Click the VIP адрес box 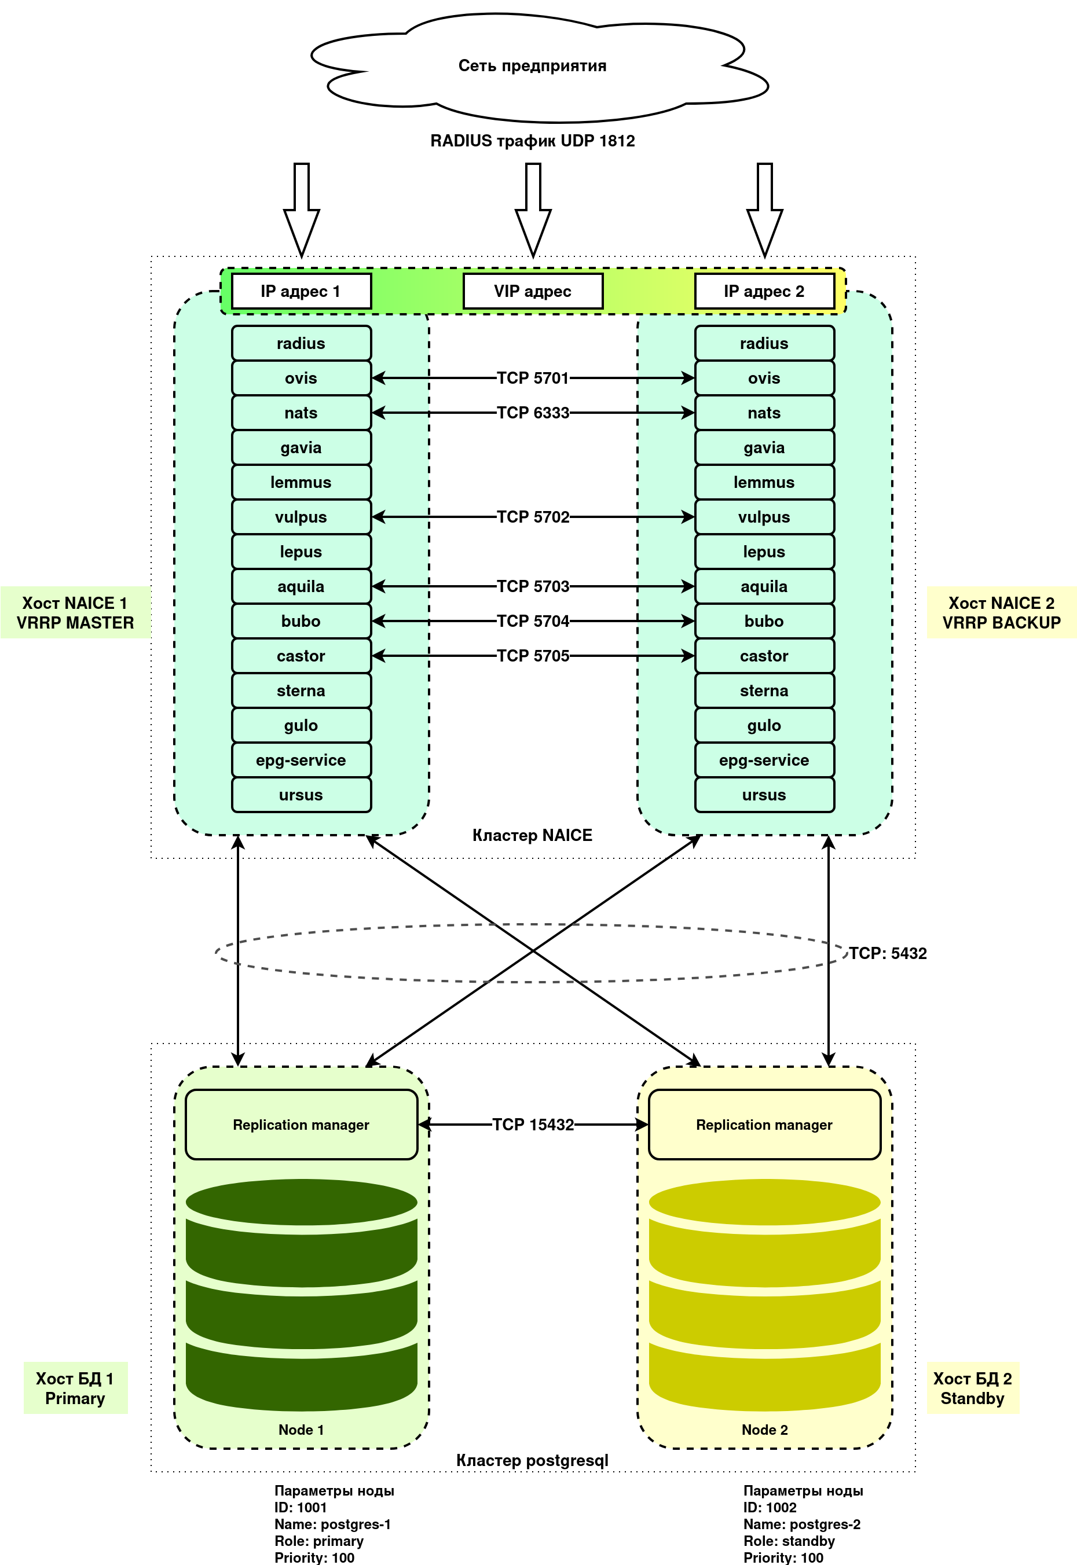pyautogui.click(x=533, y=292)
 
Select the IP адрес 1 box pyautogui.click(x=301, y=292)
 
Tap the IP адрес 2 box pyautogui.click(x=764, y=292)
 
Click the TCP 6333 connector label pyautogui.click(x=533, y=413)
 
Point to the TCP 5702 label pyautogui.click(x=533, y=517)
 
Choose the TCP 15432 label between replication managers pyautogui.click(x=533, y=1125)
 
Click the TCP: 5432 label pyautogui.click(x=888, y=953)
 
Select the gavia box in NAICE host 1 pyautogui.click(x=301, y=448)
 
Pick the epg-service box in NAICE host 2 pyautogui.click(x=764, y=761)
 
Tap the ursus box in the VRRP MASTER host pyautogui.click(x=301, y=795)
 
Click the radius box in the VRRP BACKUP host pyautogui.click(x=764, y=343)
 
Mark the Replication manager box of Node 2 pyautogui.click(x=764, y=1125)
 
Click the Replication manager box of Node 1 pyautogui.click(x=301, y=1125)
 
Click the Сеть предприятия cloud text pyautogui.click(x=533, y=66)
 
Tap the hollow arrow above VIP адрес pyautogui.click(x=533, y=209)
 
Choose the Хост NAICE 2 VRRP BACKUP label pyautogui.click(x=1001, y=612)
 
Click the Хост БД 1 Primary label pyautogui.click(x=75, y=1388)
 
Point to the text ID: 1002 pyautogui.click(x=770, y=1508)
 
